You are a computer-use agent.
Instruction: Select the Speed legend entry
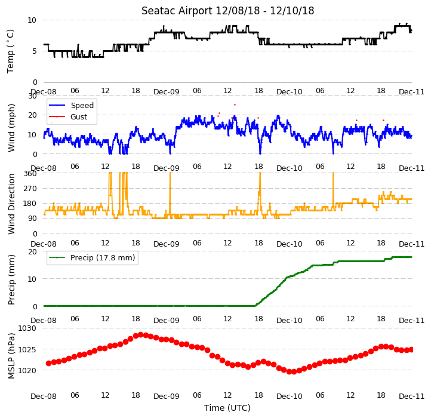[71, 105]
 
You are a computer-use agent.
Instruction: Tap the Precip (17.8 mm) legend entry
[92, 258]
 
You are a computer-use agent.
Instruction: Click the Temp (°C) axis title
[10, 51]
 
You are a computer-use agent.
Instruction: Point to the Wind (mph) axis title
[11, 128]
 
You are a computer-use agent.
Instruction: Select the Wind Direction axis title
[11, 204]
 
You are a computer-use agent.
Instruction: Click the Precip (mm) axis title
[11, 279]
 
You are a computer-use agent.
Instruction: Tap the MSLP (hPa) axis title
[11, 356]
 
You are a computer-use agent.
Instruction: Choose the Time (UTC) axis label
[227, 408]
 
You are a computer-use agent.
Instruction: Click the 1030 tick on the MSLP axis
[27, 328]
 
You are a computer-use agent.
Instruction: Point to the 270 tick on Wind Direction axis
[30, 188]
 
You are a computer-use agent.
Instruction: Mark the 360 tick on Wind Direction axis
[30, 174]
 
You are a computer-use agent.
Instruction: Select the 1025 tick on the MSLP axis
[27, 349]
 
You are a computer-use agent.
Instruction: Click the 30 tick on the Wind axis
[32, 96]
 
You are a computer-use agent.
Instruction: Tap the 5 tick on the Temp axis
[35, 51]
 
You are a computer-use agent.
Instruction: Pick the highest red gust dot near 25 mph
[235, 105]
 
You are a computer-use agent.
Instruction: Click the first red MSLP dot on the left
[49, 363]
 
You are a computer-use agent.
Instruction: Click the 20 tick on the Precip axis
[32, 251]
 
